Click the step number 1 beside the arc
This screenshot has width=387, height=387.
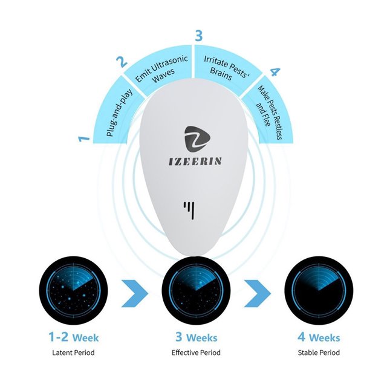[x=84, y=138]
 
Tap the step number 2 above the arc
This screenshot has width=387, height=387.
[x=122, y=62]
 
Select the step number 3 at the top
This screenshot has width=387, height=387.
[x=198, y=36]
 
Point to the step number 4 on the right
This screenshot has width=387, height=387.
[x=275, y=72]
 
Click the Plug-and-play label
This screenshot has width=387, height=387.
[x=120, y=112]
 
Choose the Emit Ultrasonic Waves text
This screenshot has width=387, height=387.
[x=162, y=69]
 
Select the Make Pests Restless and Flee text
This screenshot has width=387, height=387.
[x=268, y=113]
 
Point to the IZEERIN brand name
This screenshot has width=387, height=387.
[x=195, y=161]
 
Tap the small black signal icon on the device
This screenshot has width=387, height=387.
[x=189, y=210]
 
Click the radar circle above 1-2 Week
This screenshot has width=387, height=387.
[x=73, y=290]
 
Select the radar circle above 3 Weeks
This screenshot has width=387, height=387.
[x=196, y=290]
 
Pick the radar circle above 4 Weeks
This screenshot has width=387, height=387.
[x=319, y=290]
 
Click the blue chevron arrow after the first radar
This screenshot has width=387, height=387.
[x=134, y=293]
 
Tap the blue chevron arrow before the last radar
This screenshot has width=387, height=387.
[x=258, y=293]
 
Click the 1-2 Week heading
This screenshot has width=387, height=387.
[x=74, y=337]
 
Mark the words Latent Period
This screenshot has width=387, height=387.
[x=73, y=353]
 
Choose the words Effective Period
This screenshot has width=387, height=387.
[x=196, y=353]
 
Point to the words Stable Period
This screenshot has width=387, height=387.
[x=319, y=353]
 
